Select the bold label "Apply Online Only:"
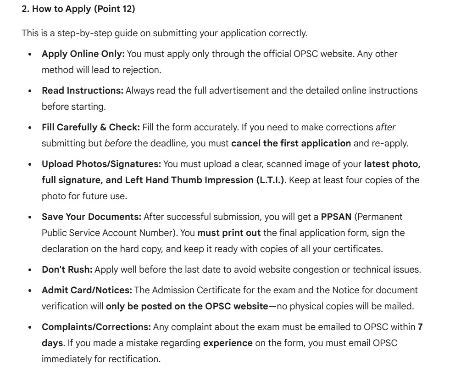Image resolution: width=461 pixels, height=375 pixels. point(83,54)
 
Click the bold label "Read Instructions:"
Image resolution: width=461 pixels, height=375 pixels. point(83,90)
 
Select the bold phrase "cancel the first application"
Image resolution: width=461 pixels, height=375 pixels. point(291,143)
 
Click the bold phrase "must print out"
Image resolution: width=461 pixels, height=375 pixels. point(229,233)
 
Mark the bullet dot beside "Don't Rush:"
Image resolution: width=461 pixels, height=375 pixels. point(30,270)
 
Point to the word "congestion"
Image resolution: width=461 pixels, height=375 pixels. point(311,269)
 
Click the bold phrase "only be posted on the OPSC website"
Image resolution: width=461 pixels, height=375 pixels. point(187,306)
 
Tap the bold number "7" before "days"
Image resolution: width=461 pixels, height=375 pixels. point(420,327)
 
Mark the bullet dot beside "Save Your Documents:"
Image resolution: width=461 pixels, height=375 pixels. point(30,217)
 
